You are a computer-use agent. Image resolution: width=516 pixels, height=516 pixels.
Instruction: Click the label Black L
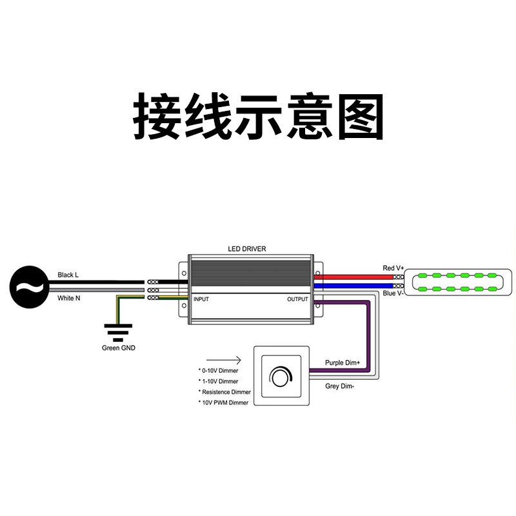(x=68, y=275)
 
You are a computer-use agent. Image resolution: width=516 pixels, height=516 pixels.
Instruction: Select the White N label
(x=68, y=298)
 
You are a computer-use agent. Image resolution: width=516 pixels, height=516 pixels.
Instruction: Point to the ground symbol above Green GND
(x=118, y=332)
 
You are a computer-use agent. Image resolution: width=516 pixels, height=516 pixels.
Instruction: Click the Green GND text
(x=119, y=348)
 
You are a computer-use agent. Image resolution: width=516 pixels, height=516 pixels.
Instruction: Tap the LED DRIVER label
(x=247, y=248)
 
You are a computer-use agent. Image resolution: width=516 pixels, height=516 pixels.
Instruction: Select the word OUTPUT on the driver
(x=298, y=299)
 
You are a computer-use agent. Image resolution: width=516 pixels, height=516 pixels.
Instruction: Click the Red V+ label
(x=393, y=268)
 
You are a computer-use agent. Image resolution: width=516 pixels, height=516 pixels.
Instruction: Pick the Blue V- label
(x=393, y=293)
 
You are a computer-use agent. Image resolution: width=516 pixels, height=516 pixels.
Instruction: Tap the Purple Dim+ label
(x=342, y=363)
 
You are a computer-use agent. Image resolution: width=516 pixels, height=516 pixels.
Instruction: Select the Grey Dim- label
(x=339, y=386)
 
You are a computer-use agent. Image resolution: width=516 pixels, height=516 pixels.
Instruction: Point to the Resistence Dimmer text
(x=225, y=392)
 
